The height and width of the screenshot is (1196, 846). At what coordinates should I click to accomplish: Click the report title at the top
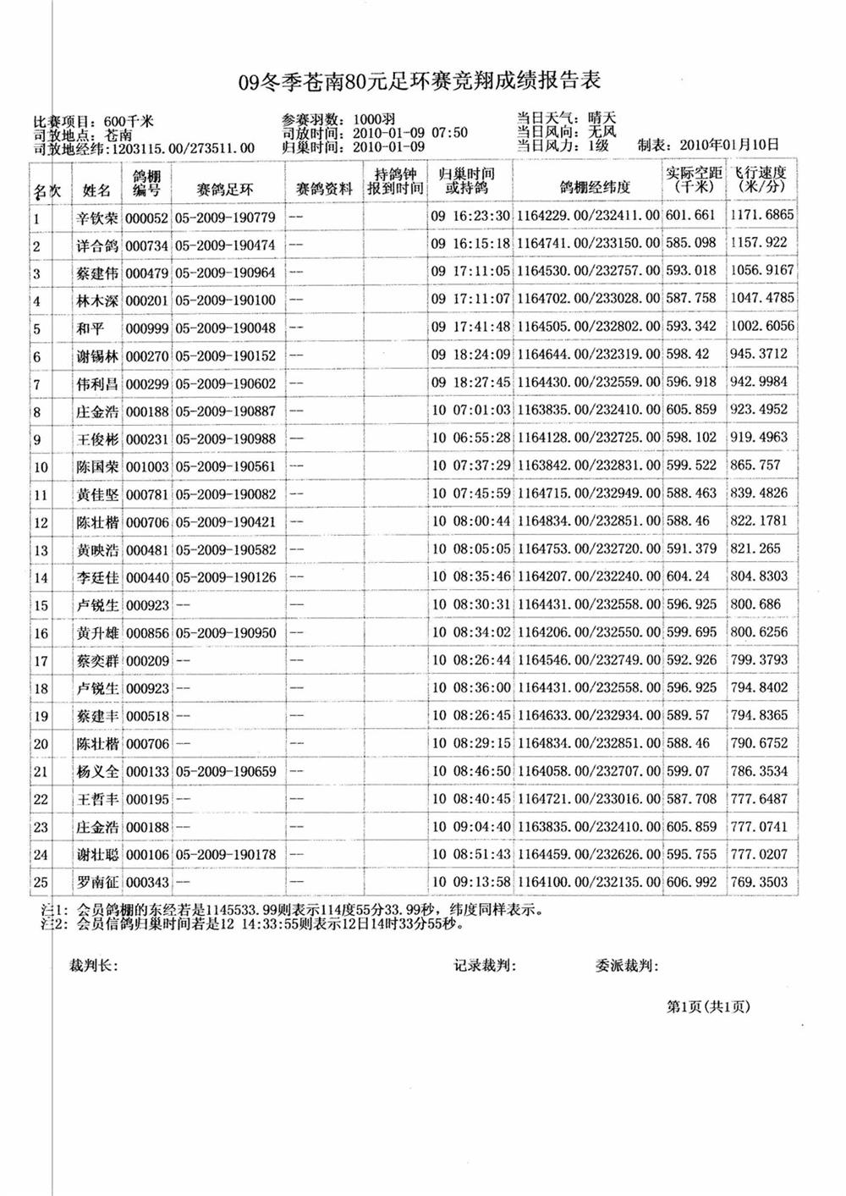(x=420, y=81)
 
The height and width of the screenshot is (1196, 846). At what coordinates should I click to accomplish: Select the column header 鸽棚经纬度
(x=588, y=189)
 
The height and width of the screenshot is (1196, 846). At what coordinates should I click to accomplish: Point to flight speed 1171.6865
(x=761, y=215)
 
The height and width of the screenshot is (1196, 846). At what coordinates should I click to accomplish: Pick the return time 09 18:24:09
(x=470, y=355)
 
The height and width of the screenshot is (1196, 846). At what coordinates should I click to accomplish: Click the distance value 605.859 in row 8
(x=691, y=410)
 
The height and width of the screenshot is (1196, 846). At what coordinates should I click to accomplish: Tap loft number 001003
(x=147, y=466)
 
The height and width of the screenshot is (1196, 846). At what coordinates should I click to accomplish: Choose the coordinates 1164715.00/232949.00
(x=588, y=493)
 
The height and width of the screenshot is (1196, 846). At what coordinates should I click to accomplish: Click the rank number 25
(x=40, y=883)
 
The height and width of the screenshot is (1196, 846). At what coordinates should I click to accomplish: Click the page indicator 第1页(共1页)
(x=708, y=1006)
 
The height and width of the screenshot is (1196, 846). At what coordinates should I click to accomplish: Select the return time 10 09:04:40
(x=470, y=827)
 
